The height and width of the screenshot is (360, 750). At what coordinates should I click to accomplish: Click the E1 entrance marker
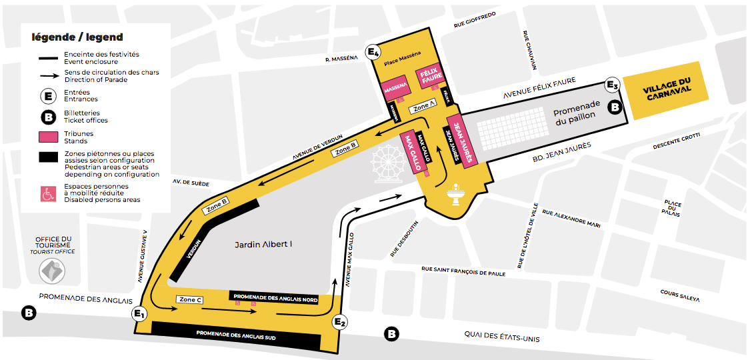(140, 313)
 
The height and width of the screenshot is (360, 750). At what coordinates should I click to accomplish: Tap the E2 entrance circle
(340, 323)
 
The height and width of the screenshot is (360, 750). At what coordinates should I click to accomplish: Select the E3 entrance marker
(612, 85)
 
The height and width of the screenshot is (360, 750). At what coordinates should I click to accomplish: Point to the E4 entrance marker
(374, 52)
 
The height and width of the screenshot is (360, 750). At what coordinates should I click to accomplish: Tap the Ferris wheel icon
(387, 163)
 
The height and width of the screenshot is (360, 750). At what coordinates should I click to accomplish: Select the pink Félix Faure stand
(431, 78)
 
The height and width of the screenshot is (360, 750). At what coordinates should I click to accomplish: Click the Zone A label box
(424, 107)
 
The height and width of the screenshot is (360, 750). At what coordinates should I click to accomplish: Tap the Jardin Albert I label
(263, 244)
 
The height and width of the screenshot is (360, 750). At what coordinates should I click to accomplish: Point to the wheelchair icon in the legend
(48, 194)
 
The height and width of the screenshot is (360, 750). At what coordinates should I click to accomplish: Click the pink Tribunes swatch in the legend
(47, 137)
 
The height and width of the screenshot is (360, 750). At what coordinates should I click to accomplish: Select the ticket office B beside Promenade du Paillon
(615, 107)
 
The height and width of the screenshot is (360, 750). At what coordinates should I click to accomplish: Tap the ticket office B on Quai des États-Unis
(391, 333)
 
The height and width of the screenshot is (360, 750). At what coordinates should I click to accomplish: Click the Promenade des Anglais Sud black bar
(236, 332)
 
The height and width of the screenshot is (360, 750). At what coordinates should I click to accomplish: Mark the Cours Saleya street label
(679, 295)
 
